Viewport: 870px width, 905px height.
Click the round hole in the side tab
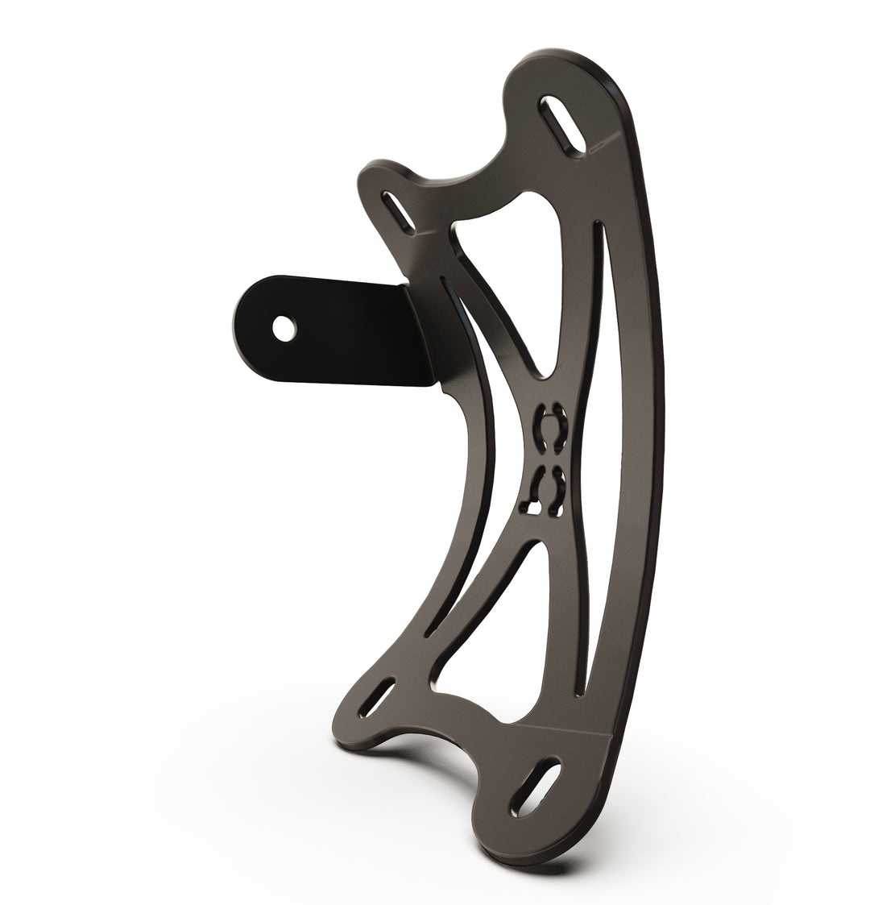tap(282, 328)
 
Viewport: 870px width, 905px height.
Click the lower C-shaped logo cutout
tap(548, 492)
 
